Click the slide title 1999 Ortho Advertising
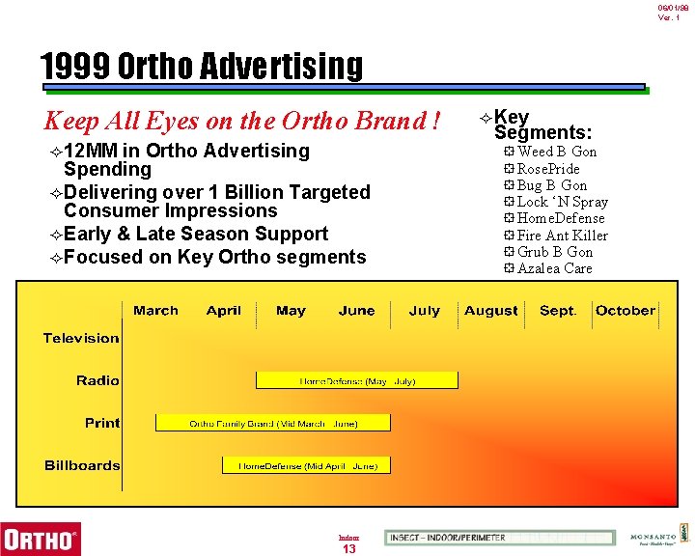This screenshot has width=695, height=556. tap(202, 66)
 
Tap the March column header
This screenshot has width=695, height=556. tap(155, 311)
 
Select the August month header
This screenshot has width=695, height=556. tap(490, 311)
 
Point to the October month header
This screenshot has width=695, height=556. tap(625, 311)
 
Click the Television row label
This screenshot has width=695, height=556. tap(81, 338)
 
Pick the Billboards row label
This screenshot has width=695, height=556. tap(82, 465)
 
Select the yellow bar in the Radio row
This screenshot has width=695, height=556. tap(356, 380)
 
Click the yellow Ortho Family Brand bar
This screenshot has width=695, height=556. tap(273, 423)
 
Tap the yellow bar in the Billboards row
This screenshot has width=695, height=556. tap(306, 465)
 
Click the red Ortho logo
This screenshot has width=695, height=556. tap(41, 537)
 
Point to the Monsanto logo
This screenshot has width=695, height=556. tap(652, 538)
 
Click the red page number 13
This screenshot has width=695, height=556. tap(349, 549)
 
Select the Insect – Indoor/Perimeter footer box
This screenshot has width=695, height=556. tap(499, 538)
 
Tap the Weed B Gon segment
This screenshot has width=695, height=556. tap(556, 152)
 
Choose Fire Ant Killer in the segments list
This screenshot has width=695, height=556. tap(562, 235)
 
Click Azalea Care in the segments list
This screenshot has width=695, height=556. tap(554, 268)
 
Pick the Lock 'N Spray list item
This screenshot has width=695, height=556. tap(562, 202)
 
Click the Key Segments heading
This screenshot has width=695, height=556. tap(542, 125)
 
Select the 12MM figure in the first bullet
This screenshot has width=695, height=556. tap(93, 151)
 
